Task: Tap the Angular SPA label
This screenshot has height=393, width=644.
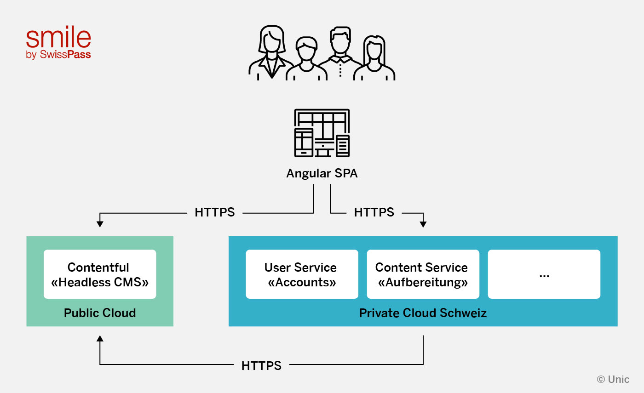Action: (322, 173)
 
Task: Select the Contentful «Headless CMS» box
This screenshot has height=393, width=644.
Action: (100, 274)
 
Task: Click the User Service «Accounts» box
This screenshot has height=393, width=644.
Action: (302, 274)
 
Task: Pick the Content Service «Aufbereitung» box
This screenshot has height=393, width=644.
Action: (423, 274)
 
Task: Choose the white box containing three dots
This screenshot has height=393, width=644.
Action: (544, 274)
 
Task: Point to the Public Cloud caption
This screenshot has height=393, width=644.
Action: (100, 313)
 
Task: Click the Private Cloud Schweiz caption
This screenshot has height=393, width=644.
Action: (423, 313)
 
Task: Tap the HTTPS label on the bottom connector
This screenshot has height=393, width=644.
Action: (261, 365)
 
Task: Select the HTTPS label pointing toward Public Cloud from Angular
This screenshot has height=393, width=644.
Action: (214, 212)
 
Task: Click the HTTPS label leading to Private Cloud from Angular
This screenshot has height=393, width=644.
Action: (374, 212)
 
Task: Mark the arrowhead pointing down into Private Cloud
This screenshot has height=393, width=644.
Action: (423, 224)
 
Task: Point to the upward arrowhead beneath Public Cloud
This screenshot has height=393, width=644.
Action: (100, 339)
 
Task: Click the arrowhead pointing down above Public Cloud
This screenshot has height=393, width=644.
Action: (100, 224)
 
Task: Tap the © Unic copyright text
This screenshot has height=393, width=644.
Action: (613, 379)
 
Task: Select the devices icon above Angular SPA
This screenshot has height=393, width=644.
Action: (322, 133)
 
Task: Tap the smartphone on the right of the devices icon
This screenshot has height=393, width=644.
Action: (343, 146)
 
